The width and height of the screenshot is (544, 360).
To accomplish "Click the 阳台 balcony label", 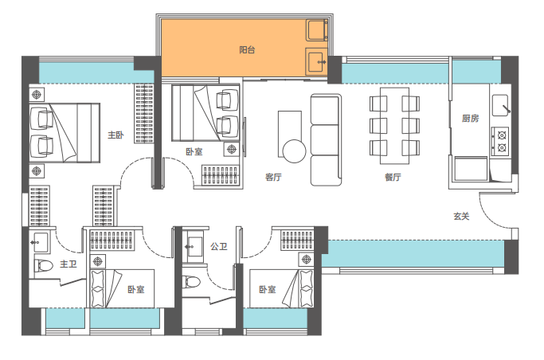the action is (247, 50).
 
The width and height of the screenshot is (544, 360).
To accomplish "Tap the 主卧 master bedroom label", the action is (115, 135).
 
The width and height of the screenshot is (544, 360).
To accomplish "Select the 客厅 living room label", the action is (273, 178).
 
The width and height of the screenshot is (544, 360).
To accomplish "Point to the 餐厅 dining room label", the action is (393, 178).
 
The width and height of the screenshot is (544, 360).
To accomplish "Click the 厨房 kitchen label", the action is (470, 119).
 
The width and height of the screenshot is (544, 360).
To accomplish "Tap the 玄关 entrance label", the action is (461, 217).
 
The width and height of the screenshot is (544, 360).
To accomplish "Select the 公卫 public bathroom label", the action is (219, 247).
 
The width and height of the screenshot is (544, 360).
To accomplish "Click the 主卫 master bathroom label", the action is (68, 264).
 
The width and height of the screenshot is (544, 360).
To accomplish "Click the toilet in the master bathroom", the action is (43, 266).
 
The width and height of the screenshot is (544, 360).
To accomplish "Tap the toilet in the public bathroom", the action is (191, 282).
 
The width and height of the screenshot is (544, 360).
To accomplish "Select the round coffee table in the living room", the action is (294, 151).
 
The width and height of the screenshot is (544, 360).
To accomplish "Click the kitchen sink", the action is (501, 105).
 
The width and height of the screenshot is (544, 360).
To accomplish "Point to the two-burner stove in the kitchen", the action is (501, 142).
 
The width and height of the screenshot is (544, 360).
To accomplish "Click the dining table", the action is (394, 126).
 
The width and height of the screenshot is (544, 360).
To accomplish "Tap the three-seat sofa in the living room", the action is (326, 139).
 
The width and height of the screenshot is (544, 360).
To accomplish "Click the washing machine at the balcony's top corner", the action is (317, 30).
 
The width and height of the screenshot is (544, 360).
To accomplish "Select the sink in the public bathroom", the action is (194, 247).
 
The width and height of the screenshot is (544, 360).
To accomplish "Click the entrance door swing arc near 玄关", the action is (489, 216).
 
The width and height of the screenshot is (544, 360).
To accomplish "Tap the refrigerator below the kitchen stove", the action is (471, 169).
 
